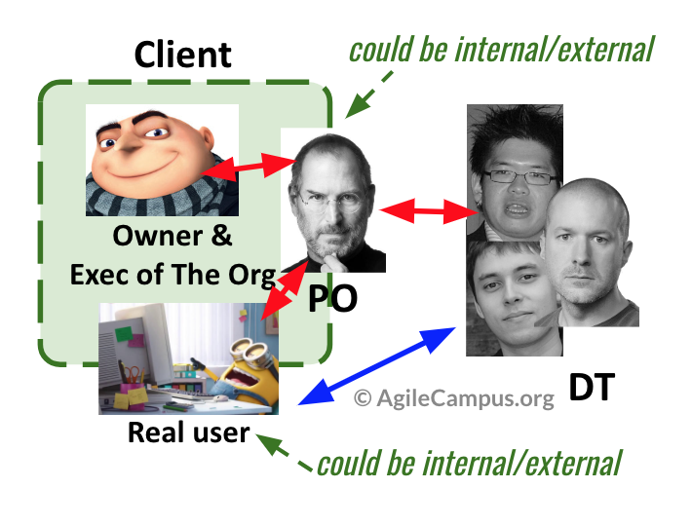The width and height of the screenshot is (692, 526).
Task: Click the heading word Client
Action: [x=182, y=55]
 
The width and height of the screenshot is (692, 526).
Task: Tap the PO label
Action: [x=332, y=298]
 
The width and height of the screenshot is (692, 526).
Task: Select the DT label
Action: [x=592, y=387]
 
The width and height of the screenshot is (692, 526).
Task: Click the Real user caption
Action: [x=189, y=432]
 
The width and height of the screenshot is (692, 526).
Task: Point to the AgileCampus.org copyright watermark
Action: [x=454, y=398]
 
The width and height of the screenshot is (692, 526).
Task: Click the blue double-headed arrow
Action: [x=377, y=365]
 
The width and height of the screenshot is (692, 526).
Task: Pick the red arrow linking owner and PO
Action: [x=248, y=168]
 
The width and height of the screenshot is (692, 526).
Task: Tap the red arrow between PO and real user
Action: [x=285, y=289]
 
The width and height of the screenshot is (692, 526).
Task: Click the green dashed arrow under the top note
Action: [x=368, y=94]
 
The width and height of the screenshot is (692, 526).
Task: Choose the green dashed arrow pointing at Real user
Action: [x=285, y=453]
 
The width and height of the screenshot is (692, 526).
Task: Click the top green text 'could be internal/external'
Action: [x=501, y=49]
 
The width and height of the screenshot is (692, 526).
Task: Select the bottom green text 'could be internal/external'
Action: [x=470, y=463]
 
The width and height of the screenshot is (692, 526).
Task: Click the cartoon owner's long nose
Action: [x=128, y=142]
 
